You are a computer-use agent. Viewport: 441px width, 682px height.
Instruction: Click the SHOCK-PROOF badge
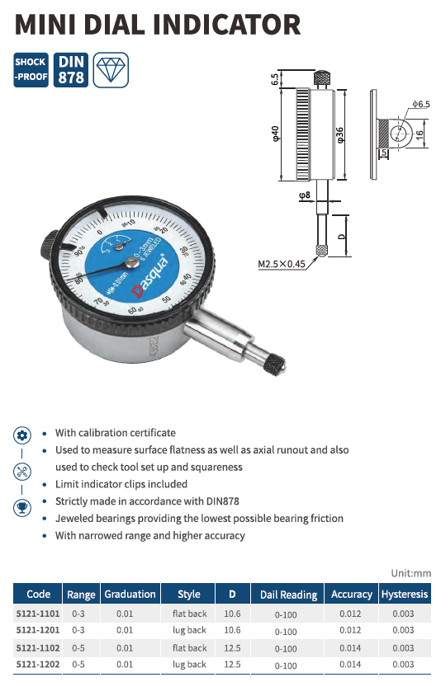coord(31,69)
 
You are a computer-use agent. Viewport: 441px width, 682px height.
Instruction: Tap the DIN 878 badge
coord(71,69)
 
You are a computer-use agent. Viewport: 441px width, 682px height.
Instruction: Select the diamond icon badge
coord(111,69)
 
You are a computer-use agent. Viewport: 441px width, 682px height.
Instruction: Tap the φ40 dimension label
coord(275,134)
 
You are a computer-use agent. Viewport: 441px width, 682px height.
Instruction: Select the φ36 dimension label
coord(340,135)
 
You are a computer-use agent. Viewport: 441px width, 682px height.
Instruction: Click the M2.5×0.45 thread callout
coord(282,264)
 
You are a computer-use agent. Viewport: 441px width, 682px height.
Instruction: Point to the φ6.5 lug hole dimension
coord(421,104)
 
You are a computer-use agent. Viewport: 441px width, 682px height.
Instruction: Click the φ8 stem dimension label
coord(305,195)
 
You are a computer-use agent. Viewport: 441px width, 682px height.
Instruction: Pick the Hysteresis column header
coord(405,594)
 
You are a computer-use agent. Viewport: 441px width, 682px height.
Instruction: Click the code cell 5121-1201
coord(38,630)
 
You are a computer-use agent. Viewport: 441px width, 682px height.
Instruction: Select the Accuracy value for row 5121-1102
coord(350,648)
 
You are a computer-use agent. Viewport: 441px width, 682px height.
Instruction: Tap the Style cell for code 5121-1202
coord(189,665)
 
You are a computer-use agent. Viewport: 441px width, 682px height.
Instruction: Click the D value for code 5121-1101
coord(232,614)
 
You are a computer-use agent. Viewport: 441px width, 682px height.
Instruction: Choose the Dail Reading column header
coord(288,595)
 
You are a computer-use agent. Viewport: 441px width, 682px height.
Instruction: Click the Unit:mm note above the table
coord(411,573)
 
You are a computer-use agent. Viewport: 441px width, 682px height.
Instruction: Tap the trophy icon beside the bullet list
coord(22,508)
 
